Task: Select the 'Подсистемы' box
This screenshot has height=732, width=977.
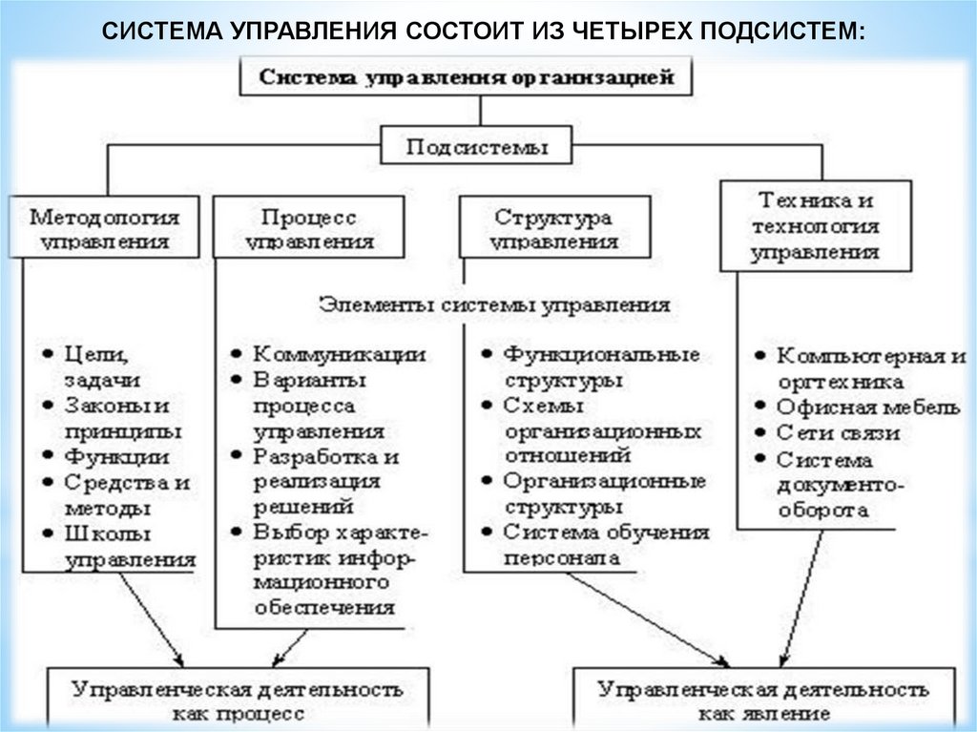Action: click(x=477, y=148)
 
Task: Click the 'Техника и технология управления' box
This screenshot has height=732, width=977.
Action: click(x=815, y=227)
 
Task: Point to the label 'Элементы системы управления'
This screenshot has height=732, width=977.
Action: click(x=494, y=305)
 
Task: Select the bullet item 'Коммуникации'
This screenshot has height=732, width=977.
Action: click(x=338, y=355)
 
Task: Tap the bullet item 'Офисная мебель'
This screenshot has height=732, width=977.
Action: click(x=867, y=408)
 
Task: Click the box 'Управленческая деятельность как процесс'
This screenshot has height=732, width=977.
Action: click(x=239, y=701)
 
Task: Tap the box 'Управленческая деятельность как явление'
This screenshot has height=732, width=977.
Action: click(x=762, y=701)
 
